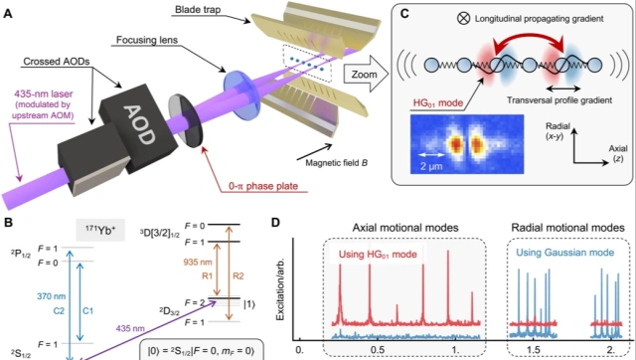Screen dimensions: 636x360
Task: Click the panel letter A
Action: point(7,14)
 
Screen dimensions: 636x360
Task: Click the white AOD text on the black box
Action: point(139,125)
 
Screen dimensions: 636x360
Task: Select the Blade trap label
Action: point(198,10)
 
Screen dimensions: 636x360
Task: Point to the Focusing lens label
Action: point(147,40)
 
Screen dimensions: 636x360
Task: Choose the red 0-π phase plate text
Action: point(263,186)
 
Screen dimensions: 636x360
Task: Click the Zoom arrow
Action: point(366,75)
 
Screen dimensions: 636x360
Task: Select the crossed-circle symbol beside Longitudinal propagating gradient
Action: point(463,18)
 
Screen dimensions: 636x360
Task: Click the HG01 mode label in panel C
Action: point(437,102)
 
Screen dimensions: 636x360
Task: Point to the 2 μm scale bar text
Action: point(431,166)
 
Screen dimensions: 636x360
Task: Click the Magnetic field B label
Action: point(336,163)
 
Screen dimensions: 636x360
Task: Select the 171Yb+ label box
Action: point(100,230)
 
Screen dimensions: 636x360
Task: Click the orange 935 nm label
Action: point(197,262)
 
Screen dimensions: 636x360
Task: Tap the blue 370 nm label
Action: point(51,296)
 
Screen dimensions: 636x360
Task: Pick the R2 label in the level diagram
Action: point(238,276)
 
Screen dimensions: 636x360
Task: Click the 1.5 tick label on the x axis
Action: point(534,350)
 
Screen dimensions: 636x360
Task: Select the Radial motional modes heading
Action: point(567,228)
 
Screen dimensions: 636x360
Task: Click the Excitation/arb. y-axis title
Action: point(280,288)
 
